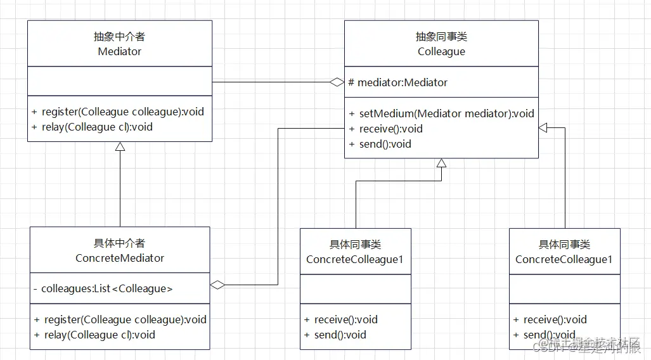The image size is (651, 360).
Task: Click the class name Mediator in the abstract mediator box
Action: click(x=119, y=52)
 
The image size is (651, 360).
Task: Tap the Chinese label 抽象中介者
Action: click(x=119, y=37)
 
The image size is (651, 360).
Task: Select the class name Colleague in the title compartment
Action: click(x=441, y=52)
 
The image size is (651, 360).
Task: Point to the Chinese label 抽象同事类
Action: click(x=441, y=37)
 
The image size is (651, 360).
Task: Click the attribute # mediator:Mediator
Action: click(x=398, y=82)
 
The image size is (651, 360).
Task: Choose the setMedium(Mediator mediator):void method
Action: click(x=441, y=114)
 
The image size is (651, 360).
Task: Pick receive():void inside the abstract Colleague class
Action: click(x=386, y=129)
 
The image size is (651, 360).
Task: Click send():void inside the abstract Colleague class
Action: click(x=380, y=145)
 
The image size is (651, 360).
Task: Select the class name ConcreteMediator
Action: click(x=120, y=259)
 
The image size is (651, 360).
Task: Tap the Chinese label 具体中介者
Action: click(x=120, y=243)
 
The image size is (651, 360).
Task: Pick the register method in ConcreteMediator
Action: click(x=120, y=320)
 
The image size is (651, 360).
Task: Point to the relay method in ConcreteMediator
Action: click(x=94, y=335)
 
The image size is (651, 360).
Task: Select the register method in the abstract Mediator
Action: click(x=118, y=112)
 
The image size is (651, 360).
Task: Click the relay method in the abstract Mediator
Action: click(x=93, y=127)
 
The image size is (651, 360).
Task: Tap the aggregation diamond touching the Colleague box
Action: click(x=336, y=82)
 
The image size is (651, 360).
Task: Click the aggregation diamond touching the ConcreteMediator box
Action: click(x=217, y=285)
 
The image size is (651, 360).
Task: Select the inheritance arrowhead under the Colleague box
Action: click(x=441, y=164)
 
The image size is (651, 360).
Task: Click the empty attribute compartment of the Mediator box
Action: click(x=119, y=82)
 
